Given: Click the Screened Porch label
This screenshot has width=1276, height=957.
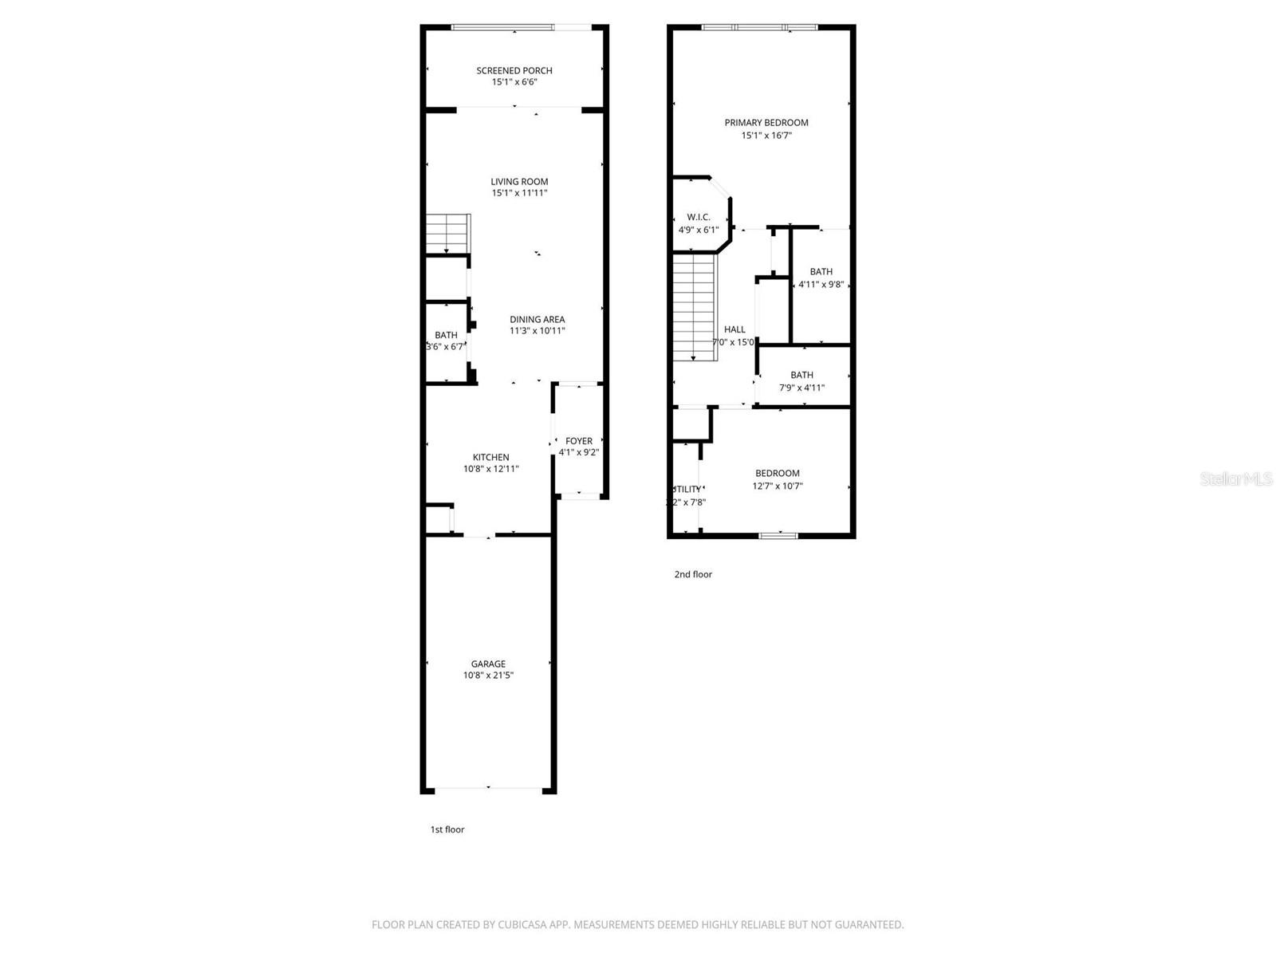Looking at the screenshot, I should [x=514, y=70].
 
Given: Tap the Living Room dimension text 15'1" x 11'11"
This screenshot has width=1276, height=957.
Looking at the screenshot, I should [x=519, y=193].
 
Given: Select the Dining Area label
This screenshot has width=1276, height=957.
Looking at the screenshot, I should [x=537, y=319].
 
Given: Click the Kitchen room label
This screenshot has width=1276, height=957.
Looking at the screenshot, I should [x=490, y=457].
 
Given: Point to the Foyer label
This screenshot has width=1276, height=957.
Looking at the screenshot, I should [x=579, y=441].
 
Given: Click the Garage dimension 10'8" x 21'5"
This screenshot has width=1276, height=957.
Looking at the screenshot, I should [x=488, y=675].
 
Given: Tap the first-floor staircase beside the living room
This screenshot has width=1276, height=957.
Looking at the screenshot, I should [x=447, y=233].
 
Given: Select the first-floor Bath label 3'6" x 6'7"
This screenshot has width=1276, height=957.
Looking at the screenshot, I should [x=446, y=336].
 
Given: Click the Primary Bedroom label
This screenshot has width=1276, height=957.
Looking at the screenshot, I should [x=766, y=122].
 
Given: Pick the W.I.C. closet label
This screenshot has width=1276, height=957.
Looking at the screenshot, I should [x=698, y=217].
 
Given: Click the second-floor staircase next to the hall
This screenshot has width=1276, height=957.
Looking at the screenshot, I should [x=695, y=306].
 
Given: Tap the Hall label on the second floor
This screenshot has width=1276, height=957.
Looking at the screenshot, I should [x=734, y=329].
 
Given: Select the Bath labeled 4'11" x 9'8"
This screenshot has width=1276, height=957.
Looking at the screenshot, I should [x=821, y=272].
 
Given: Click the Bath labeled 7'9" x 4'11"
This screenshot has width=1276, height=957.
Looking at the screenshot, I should [x=801, y=375].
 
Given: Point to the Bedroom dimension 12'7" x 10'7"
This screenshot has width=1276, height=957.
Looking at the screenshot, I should [x=778, y=486].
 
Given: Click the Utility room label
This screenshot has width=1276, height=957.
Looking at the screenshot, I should [x=687, y=489].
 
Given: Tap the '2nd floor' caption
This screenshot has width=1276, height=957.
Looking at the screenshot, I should [x=693, y=574].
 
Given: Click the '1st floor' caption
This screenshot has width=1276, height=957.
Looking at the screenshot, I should [x=447, y=829].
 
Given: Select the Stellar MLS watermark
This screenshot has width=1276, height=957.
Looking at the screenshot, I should [x=1236, y=478].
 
